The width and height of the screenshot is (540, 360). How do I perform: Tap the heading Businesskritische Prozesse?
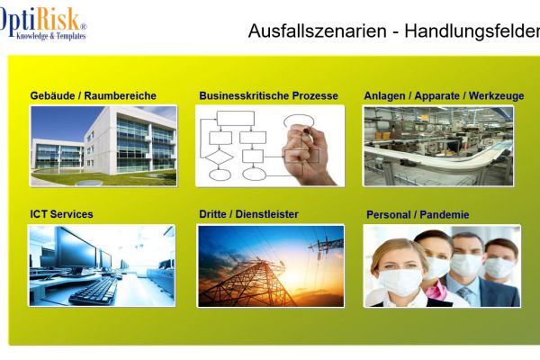268,95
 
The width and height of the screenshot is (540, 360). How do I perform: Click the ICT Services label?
60,214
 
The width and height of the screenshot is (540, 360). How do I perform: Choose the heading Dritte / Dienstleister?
248,214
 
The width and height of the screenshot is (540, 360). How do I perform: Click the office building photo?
103,145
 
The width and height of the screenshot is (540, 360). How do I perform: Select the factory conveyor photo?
437,145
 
